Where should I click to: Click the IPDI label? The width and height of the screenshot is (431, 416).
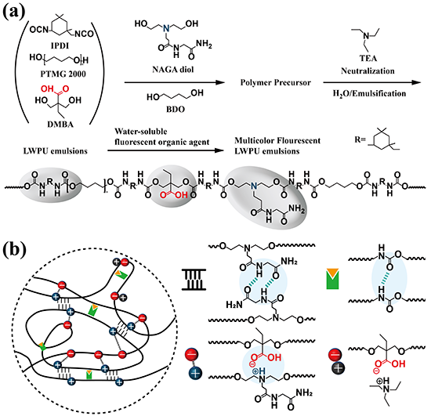tap(60, 45)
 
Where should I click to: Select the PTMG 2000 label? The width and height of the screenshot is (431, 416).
tap(63, 74)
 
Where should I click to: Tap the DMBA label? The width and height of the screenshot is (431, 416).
tap(60, 125)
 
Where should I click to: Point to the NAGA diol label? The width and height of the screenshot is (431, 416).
tap(173, 70)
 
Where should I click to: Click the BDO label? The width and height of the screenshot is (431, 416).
tap(176, 110)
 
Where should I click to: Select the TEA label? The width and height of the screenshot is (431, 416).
tap(368, 58)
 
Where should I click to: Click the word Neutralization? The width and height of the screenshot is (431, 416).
tap(368, 71)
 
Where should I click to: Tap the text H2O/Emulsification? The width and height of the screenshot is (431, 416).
tap(369, 94)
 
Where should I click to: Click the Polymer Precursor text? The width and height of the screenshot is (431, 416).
tap(275, 82)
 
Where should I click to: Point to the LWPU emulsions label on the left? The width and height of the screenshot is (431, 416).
tap(56, 151)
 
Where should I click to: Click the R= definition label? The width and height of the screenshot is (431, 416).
tap(360, 140)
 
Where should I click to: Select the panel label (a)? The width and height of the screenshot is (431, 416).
tap(14, 12)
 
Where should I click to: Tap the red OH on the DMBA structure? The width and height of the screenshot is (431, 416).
tap(47, 89)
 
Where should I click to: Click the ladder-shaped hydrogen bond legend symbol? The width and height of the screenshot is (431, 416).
tap(194, 279)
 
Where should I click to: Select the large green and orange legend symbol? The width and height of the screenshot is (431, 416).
tap(332, 279)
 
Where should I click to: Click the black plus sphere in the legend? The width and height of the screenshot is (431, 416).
tap(339, 367)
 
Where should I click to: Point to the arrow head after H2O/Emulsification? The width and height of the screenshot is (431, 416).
tap(416, 82)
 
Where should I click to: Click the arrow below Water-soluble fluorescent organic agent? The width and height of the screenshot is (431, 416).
tap(165, 150)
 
